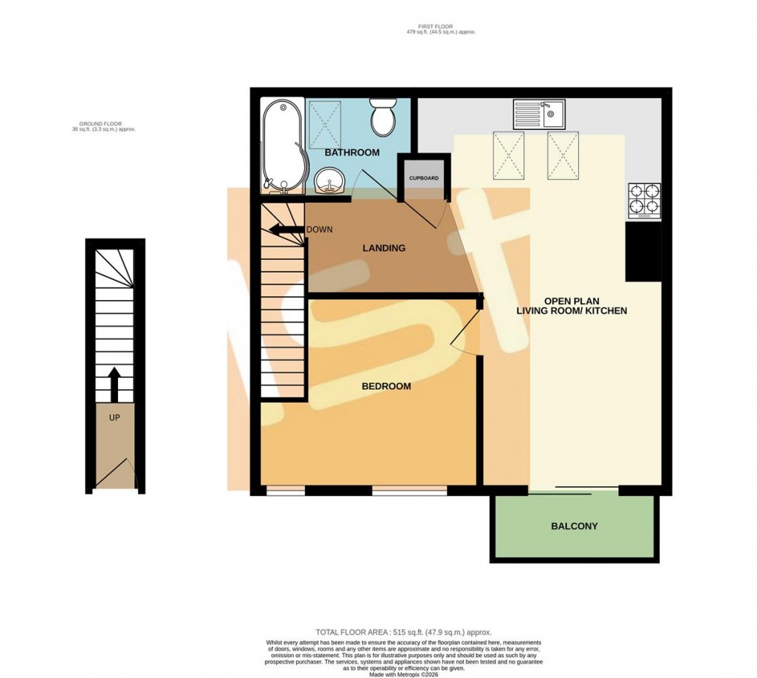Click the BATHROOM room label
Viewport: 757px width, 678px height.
click(x=353, y=152)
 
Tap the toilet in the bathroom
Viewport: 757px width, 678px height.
click(x=384, y=119)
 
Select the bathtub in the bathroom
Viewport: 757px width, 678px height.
click(x=281, y=145)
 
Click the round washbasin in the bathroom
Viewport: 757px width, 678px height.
click(x=328, y=180)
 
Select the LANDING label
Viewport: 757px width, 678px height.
click(x=383, y=248)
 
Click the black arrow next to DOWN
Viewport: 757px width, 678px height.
click(x=284, y=229)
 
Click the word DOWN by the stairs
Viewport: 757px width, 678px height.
click(x=320, y=229)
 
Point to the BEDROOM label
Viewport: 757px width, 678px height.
click(x=386, y=386)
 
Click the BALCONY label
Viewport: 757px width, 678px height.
click(x=574, y=527)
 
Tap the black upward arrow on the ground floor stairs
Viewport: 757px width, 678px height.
click(x=114, y=382)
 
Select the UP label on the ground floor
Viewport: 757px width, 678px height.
click(x=114, y=417)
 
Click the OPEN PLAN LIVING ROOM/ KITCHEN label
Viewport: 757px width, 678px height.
click(x=571, y=306)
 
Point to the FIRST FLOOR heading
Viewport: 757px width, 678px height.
click(x=436, y=29)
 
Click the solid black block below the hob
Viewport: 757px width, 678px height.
click(x=643, y=252)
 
